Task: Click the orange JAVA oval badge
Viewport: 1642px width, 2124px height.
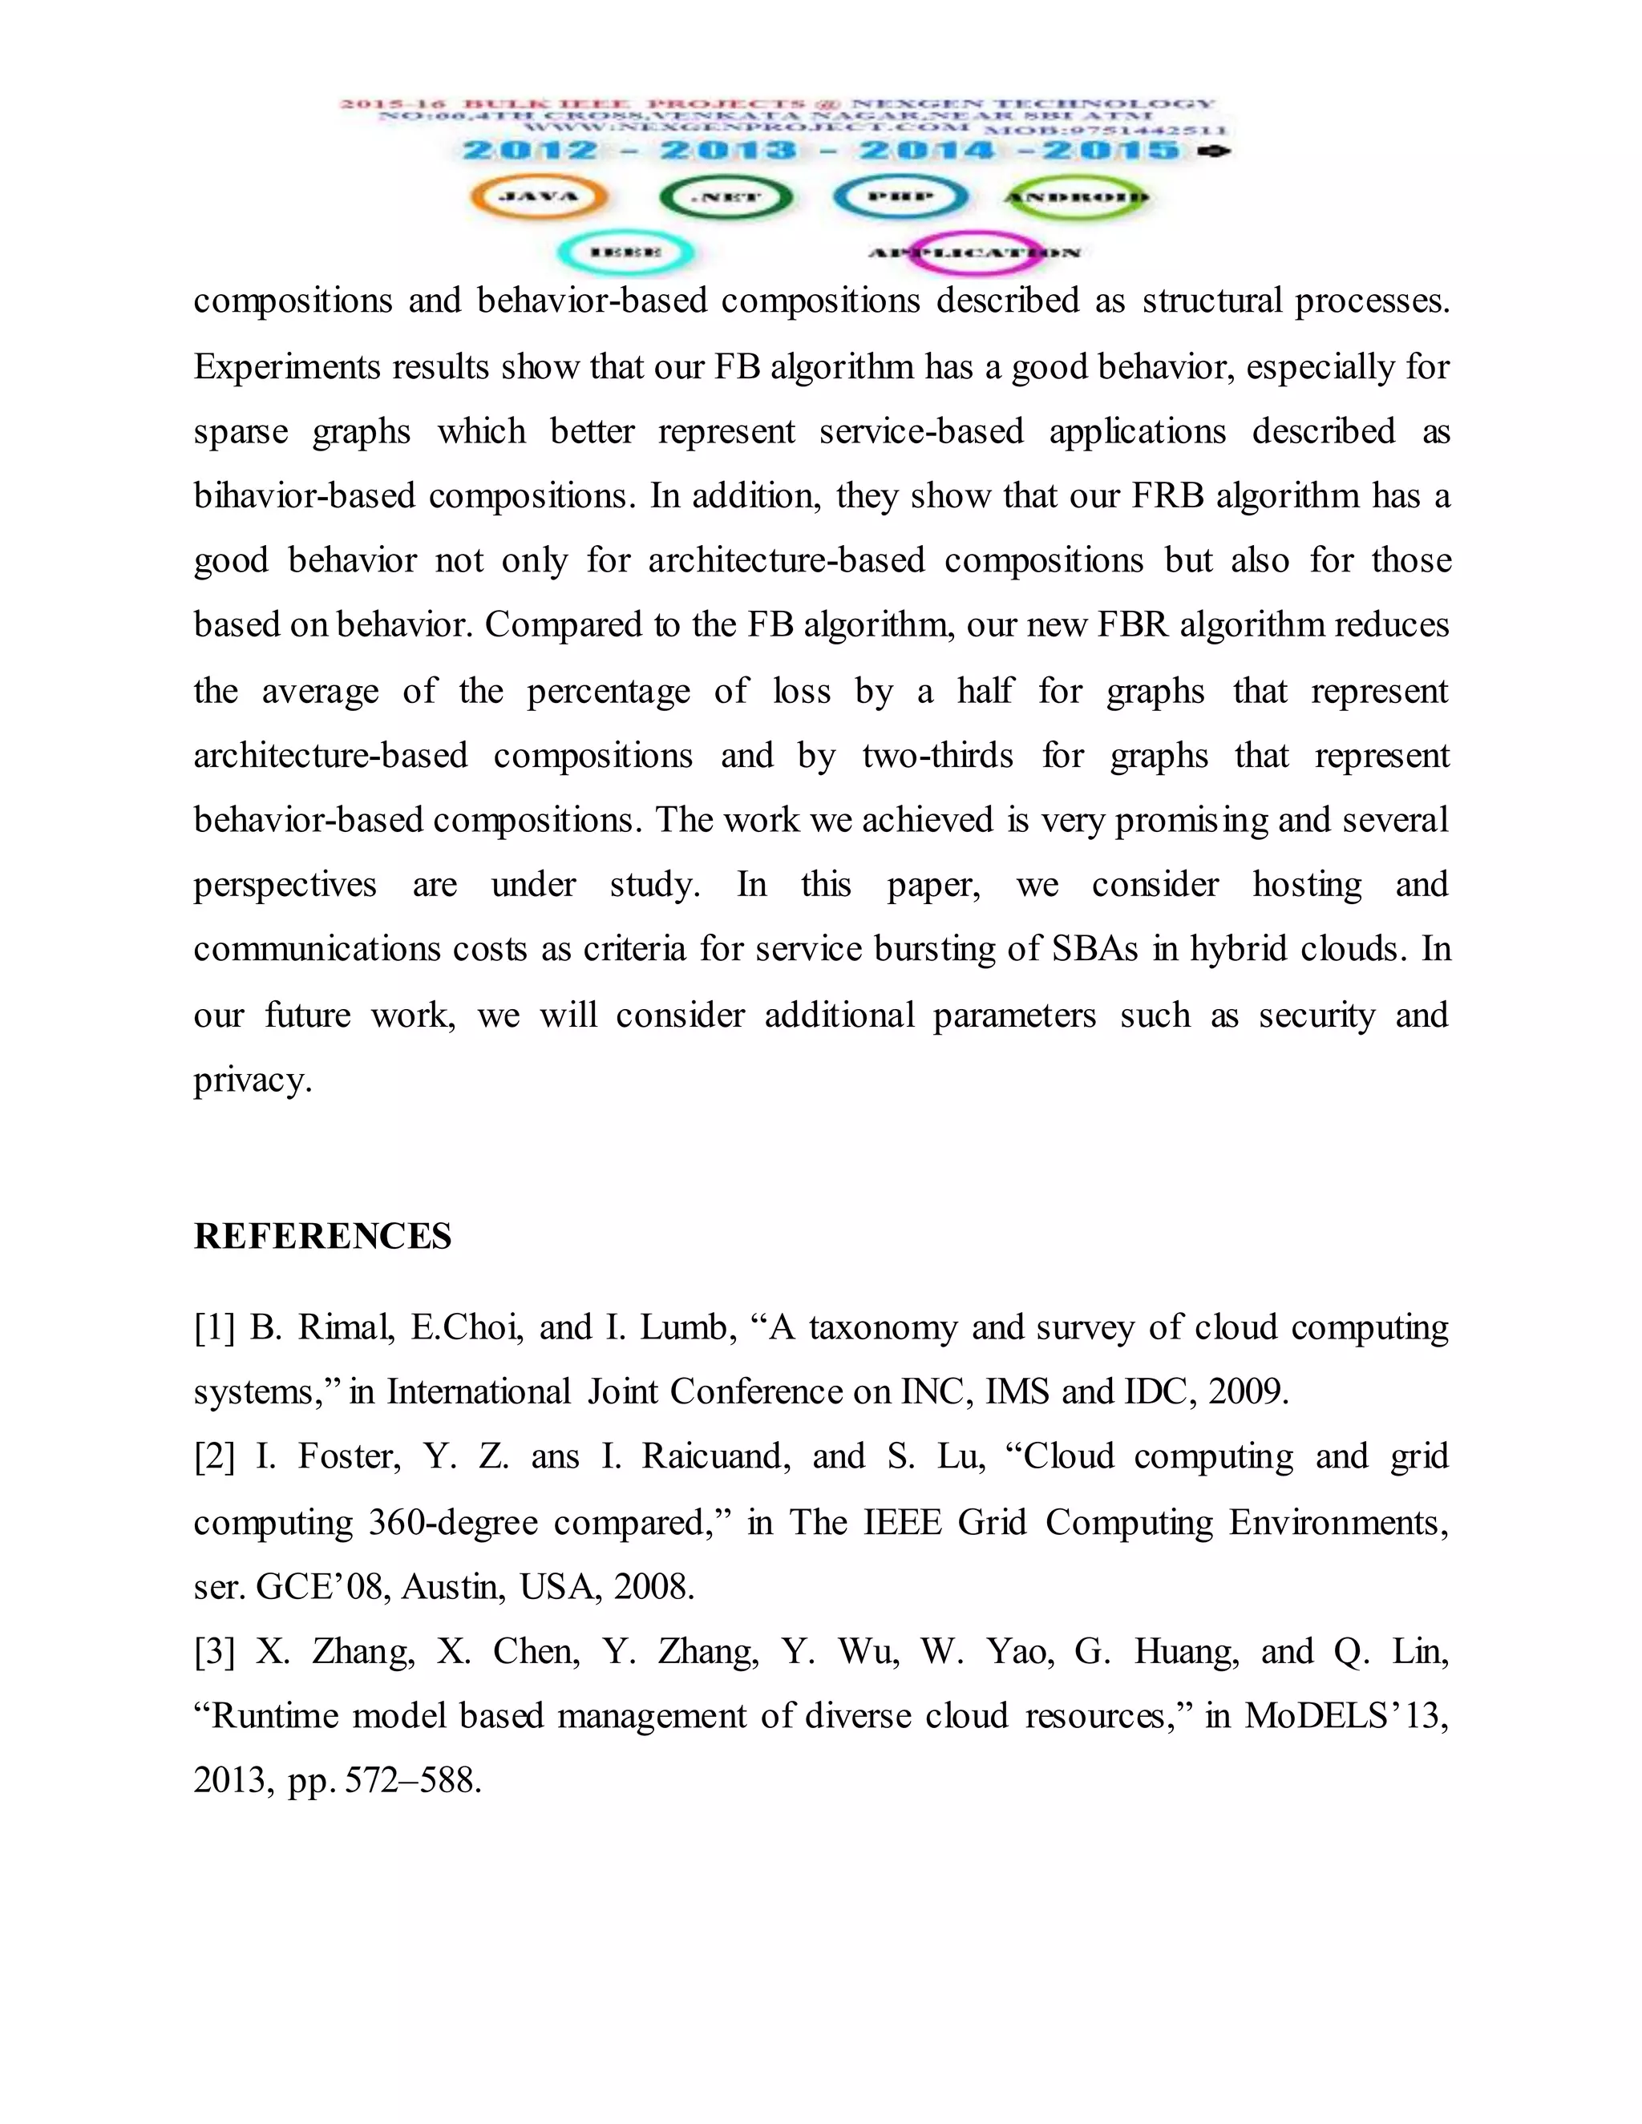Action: click(539, 197)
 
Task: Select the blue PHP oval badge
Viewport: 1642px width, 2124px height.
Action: click(900, 197)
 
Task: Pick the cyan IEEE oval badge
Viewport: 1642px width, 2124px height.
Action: click(625, 252)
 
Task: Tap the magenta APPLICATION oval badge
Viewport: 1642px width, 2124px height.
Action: click(973, 252)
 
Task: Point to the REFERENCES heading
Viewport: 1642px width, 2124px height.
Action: click(322, 1237)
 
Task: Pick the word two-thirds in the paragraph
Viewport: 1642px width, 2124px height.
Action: click(936, 756)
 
